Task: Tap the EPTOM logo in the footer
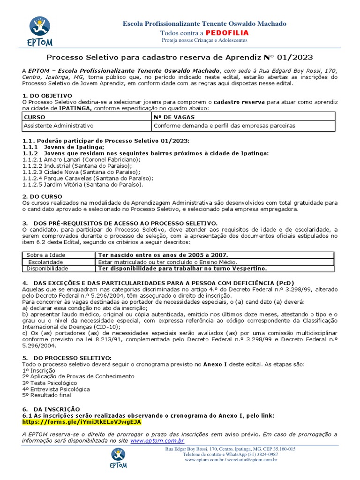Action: coord(118,460)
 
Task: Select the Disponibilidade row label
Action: coord(47,268)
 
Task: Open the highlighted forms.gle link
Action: coord(82,421)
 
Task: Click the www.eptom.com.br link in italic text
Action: coord(157,441)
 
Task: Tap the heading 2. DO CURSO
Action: coord(41,197)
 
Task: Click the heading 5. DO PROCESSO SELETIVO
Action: coord(67,358)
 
